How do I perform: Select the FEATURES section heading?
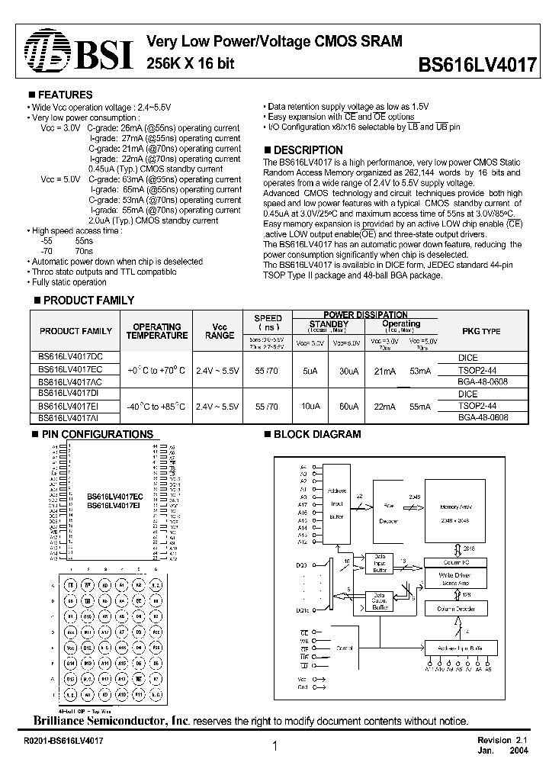[65, 95]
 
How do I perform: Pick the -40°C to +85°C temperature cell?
[156, 406]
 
